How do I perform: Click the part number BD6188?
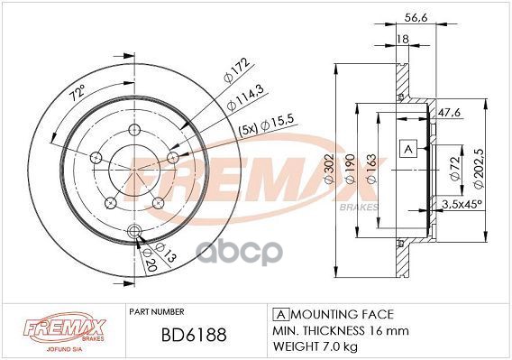(194, 335)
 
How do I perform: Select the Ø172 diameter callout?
(236, 69)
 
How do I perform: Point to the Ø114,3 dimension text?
(245, 97)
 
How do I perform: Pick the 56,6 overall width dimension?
(416, 17)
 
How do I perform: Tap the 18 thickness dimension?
(403, 39)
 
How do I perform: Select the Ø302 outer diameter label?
(329, 169)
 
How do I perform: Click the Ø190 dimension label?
(350, 169)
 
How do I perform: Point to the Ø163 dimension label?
(371, 169)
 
